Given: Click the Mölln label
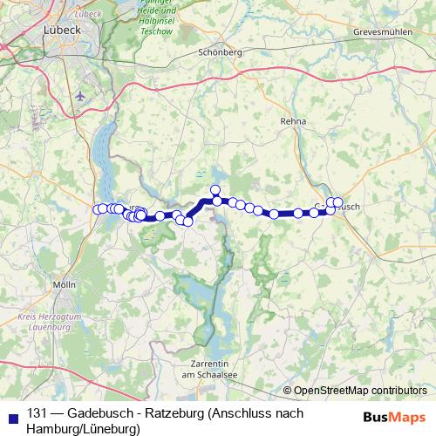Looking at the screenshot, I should (65, 285).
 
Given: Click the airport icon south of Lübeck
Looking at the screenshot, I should (81, 96).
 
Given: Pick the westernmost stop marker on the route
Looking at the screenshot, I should (98, 209).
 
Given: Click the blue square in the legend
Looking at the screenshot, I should (11, 413).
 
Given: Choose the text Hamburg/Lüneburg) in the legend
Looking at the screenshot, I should (83, 429).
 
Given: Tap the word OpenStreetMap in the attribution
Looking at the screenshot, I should (330, 391).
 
